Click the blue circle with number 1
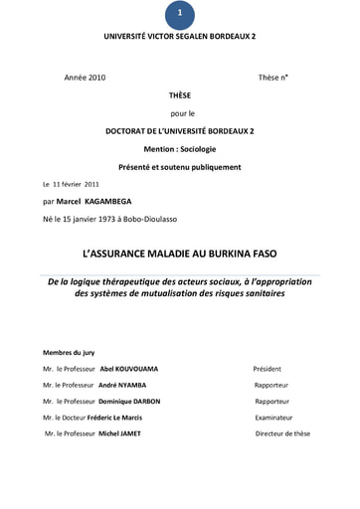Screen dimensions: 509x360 click(x=179, y=13)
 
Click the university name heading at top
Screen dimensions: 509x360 click(x=179, y=35)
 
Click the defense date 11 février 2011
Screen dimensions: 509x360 click(x=75, y=185)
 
